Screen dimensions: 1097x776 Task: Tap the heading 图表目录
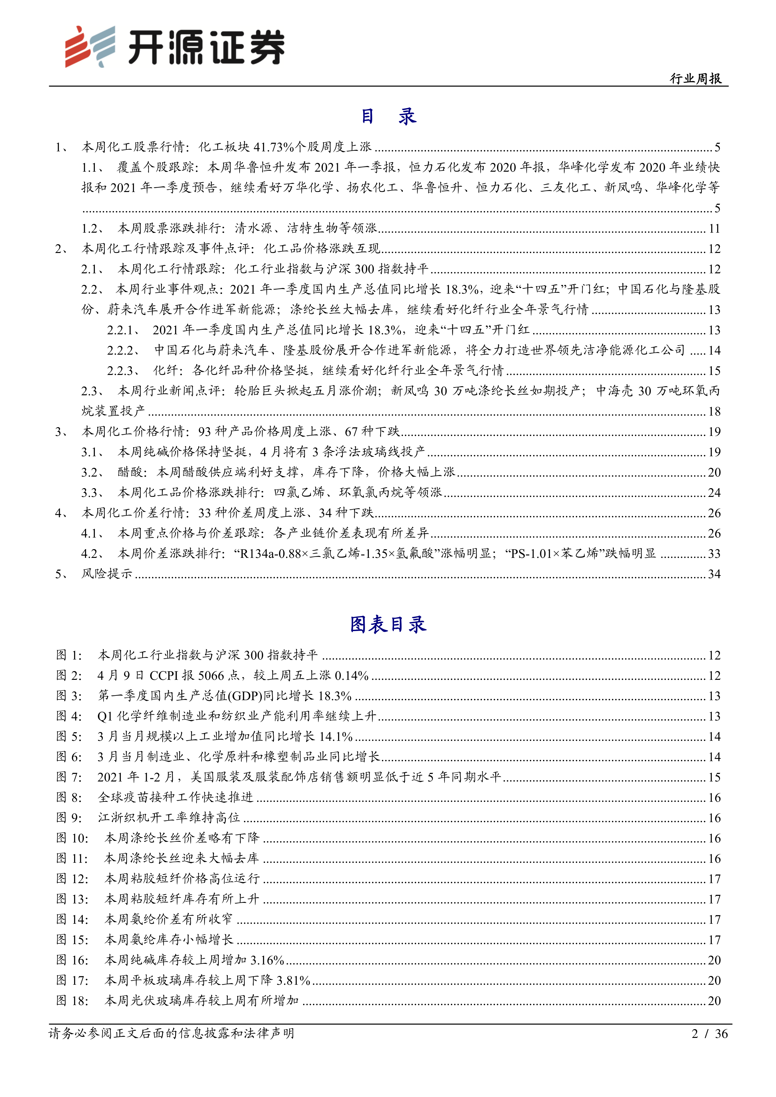point(388,624)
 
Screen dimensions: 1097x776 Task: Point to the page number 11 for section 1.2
point(714,229)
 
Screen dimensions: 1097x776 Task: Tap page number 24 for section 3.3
point(714,493)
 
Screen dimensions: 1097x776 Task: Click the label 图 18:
point(72,1001)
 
